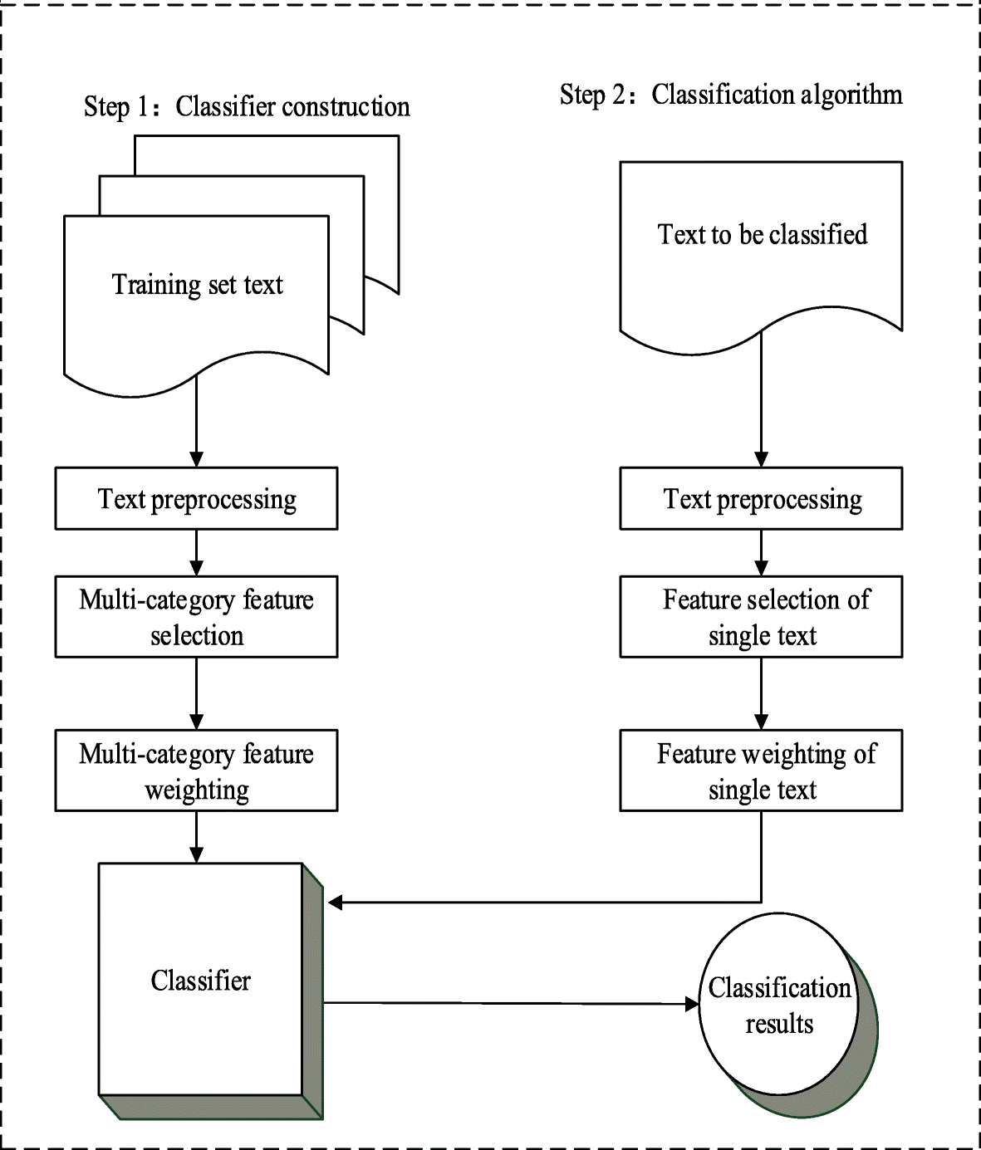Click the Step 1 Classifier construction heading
247,107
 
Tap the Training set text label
197,284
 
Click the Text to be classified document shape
761,257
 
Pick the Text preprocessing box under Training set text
196,498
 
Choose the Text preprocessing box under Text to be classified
761,498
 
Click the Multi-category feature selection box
196,616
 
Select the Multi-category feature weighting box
196,771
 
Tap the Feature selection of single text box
761,616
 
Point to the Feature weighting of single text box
761,771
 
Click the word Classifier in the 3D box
200,980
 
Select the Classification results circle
779,1004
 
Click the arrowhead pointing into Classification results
692,1004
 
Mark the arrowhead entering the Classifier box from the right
336,903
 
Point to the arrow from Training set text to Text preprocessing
196,421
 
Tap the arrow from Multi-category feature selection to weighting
196,694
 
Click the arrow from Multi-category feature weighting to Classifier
196,837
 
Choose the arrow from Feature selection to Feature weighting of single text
761,694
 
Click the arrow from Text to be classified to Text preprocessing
761,399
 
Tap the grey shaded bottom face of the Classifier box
212,1107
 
